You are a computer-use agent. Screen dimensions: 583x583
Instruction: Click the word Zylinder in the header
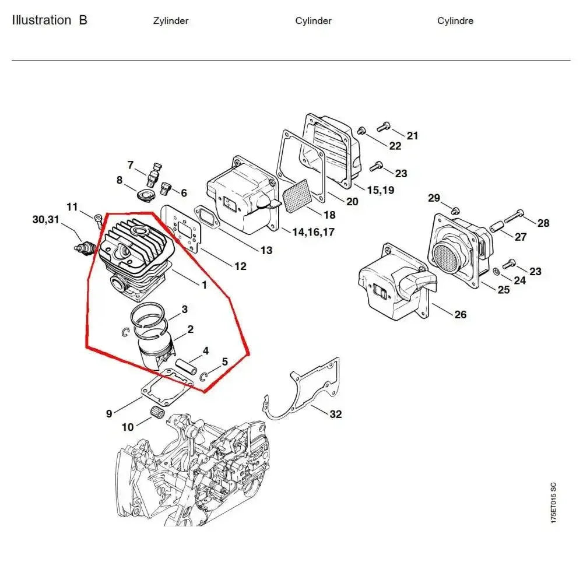tap(171, 21)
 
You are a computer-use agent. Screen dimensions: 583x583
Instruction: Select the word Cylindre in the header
tap(455, 21)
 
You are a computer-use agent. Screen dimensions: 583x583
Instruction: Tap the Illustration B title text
tap(50, 20)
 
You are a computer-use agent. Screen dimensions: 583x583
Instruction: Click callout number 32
tap(335, 415)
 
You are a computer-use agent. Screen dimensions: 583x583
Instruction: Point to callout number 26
tap(460, 315)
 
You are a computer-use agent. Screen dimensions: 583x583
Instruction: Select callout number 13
tap(266, 251)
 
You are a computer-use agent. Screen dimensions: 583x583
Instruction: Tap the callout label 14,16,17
tap(314, 232)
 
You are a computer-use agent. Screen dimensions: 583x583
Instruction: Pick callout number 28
tap(543, 223)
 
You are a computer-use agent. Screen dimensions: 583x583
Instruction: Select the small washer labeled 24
tap(496, 271)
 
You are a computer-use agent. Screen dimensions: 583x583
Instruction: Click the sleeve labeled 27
tap(497, 226)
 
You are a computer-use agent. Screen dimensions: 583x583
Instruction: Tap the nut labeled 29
tap(456, 210)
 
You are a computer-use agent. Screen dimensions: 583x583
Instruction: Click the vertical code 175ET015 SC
tap(553, 503)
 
